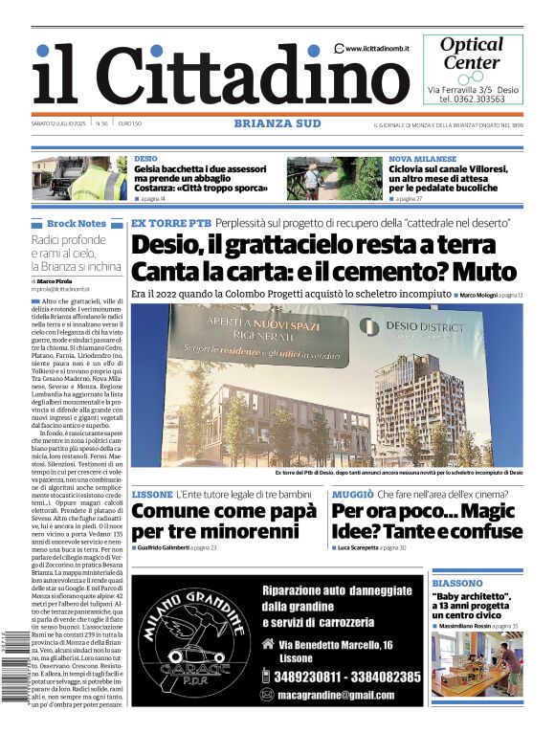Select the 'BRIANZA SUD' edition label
tap(277, 122)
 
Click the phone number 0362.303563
tap(478, 99)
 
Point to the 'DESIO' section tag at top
tap(145, 158)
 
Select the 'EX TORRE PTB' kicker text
tap(170, 223)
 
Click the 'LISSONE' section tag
tap(152, 494)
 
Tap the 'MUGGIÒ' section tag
tap(352, 494)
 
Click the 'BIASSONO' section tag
tap(456, 582)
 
